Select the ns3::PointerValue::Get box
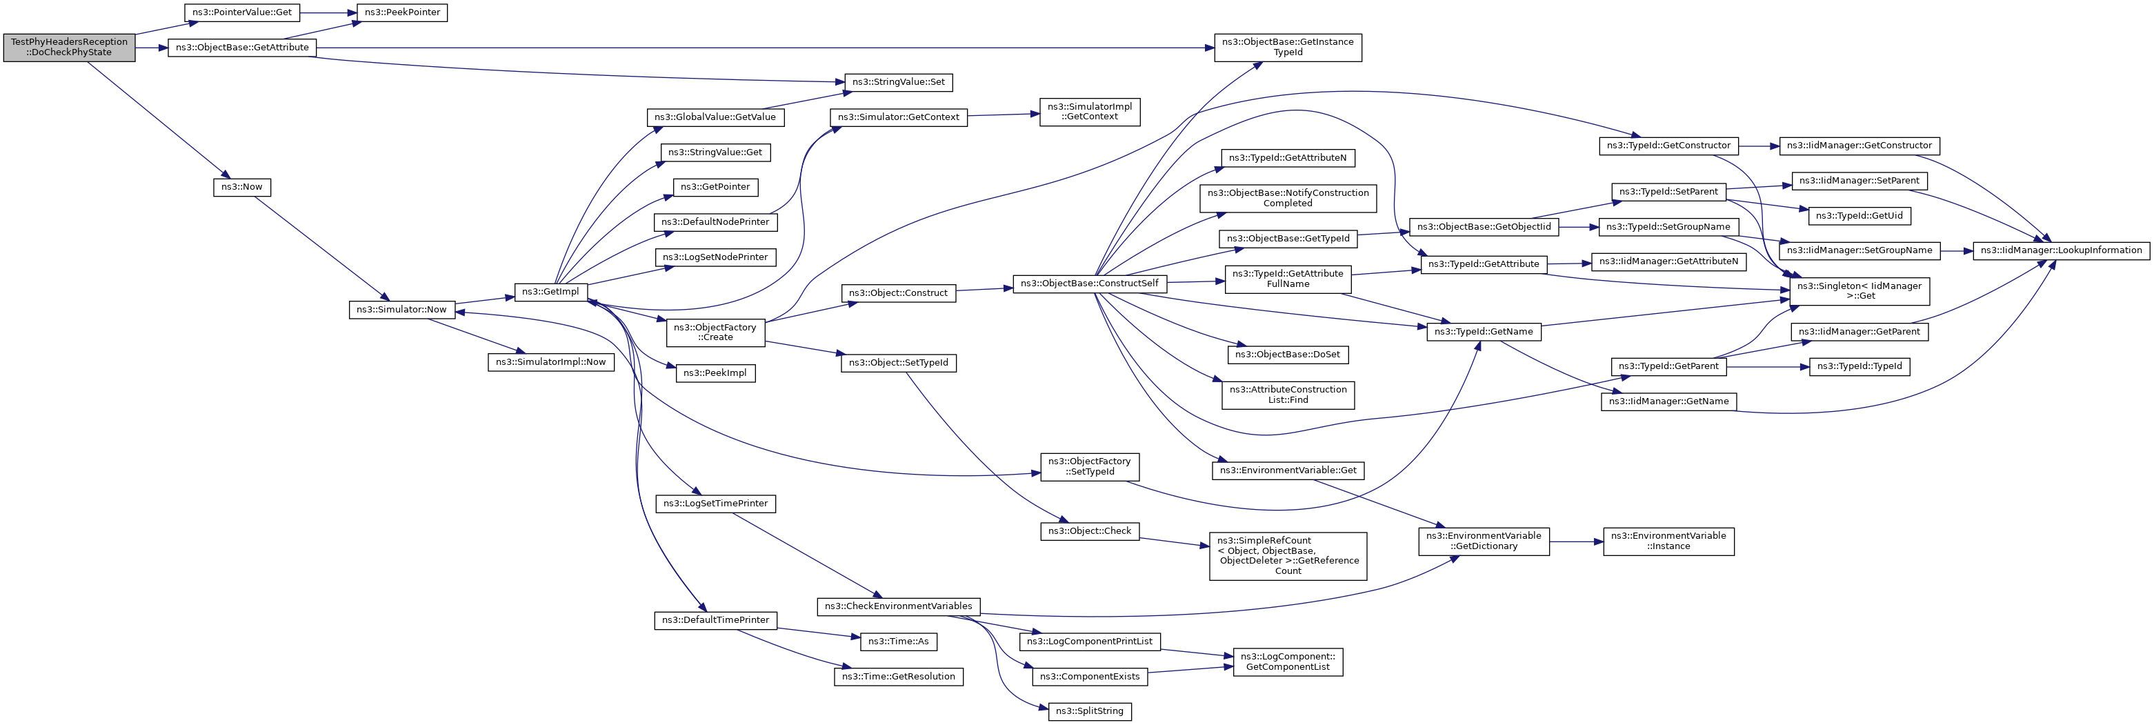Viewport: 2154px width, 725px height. tap(241, 12)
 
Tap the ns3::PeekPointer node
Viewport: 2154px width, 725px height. tap(402, 12)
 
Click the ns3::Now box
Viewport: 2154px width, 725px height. tap(241, 186)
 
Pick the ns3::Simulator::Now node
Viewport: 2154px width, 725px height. tap(401, 310)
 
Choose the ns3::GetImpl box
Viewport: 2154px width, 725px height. tap(550, 292)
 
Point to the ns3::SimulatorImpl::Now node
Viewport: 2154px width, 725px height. tap(550, 362)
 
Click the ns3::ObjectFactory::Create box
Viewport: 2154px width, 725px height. tap(715, 332)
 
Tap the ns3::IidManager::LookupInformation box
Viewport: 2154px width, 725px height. tap(2060, 250)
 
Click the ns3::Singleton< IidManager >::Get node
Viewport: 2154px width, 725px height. tap(1859, 291)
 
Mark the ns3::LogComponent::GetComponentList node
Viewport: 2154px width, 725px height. tap(1288, 662)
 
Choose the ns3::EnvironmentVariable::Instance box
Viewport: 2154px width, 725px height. tap(1668, 541)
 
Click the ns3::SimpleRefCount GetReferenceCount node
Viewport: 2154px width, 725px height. tap(1288, 556)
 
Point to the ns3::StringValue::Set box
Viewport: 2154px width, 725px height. tap(897, 82)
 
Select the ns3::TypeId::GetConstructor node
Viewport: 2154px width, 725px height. tap(1668, 146)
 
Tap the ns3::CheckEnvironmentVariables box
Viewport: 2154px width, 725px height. tap(898, 606)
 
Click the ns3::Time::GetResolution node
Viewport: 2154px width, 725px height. tap(898, 677)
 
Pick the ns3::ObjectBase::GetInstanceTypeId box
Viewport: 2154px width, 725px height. tap(1288, 47)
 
